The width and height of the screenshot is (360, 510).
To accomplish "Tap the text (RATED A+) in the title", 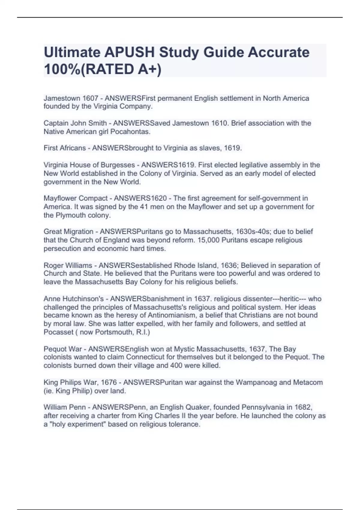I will tap(121, 69).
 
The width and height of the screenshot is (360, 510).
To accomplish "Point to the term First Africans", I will tap(64, 148).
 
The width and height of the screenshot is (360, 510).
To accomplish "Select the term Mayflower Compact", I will tap(76, 198).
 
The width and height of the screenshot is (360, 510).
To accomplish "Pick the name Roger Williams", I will tap(68, 265).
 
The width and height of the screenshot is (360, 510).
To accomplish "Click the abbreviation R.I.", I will tap(142, 332).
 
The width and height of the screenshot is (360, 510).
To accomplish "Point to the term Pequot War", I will tap(63, 349).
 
